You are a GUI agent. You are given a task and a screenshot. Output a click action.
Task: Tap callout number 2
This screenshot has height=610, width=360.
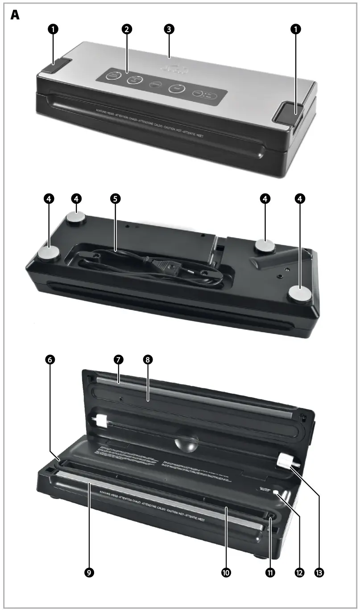(127, 29)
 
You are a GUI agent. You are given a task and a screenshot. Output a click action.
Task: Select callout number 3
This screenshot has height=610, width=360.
(169, 29)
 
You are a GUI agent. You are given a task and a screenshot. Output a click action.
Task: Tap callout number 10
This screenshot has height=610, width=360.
(226, 573)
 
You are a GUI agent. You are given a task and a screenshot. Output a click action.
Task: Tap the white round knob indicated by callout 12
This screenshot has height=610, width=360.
(276, 493)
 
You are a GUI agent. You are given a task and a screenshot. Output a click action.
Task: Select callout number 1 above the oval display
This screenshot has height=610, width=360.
(295, 29)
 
